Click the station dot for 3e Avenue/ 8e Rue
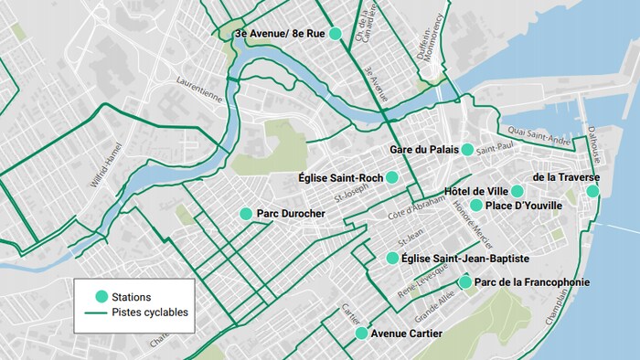[x=335, y=33]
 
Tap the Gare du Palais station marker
[x=467, y=149]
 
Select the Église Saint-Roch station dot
[x=391, y=176]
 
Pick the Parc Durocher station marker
[x=245, y=214]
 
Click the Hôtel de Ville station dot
[x=517, y=191]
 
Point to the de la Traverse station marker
[x=592, y=191]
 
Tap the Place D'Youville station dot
[x=475, y=206]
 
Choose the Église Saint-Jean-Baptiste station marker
[x=392, y=259]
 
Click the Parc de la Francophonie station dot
[x=465, y=282]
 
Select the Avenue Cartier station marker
[x=362, y=334]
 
